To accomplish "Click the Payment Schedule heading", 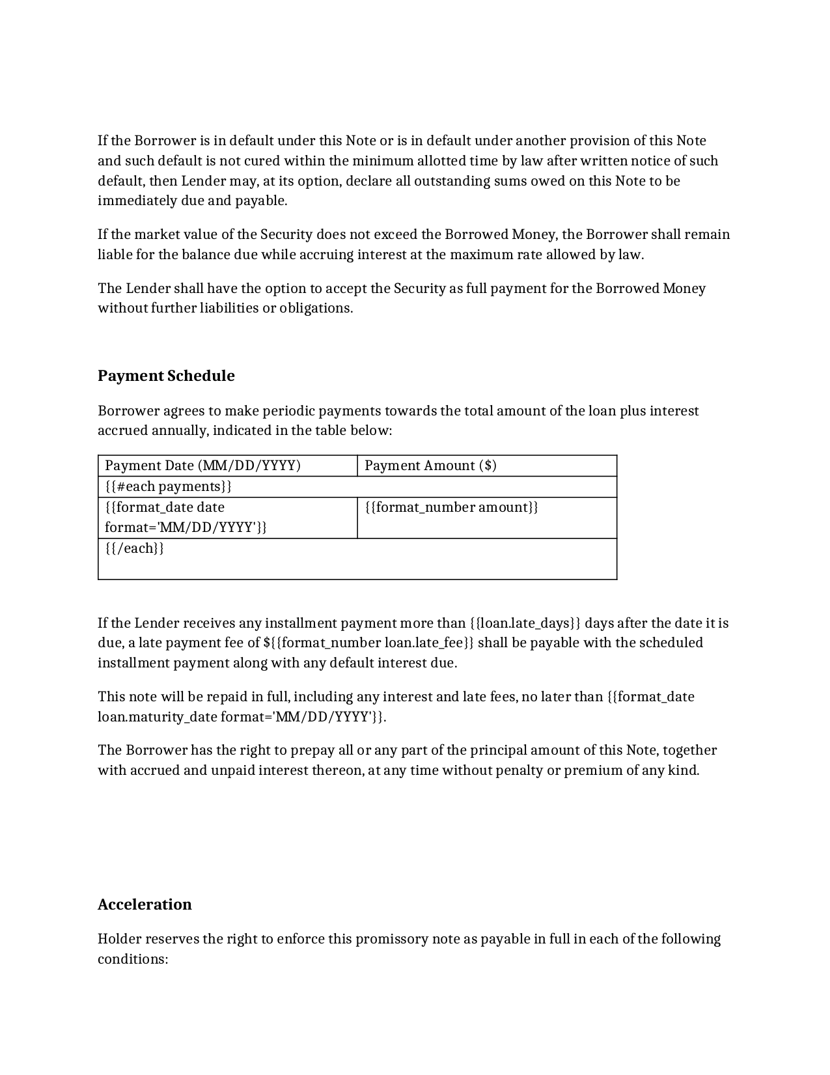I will pyautogui.click(x=166, y=376).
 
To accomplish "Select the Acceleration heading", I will pyautogui.click(x=145, y=904).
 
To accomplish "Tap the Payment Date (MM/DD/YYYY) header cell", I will pyautogui.click(x=202, y=466).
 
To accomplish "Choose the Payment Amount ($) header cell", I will pyautogui.click(x=430, y=466).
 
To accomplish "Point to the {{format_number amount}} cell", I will pyautogui.click(x=451, y=507).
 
